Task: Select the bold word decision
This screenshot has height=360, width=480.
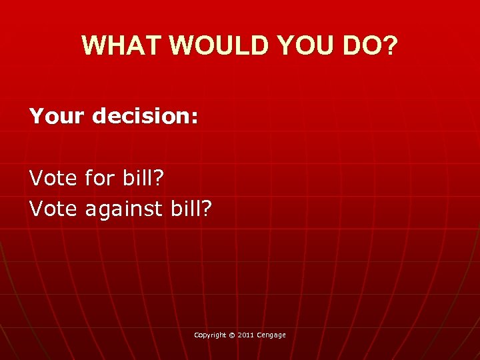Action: tap(141, 117)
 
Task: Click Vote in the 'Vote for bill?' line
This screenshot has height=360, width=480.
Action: tap(54, 178)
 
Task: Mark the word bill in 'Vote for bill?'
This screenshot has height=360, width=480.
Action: tap(140, 178)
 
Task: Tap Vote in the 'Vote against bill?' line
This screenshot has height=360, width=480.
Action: tap(54, 209)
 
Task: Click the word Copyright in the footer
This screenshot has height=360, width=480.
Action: tap(210, 335)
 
